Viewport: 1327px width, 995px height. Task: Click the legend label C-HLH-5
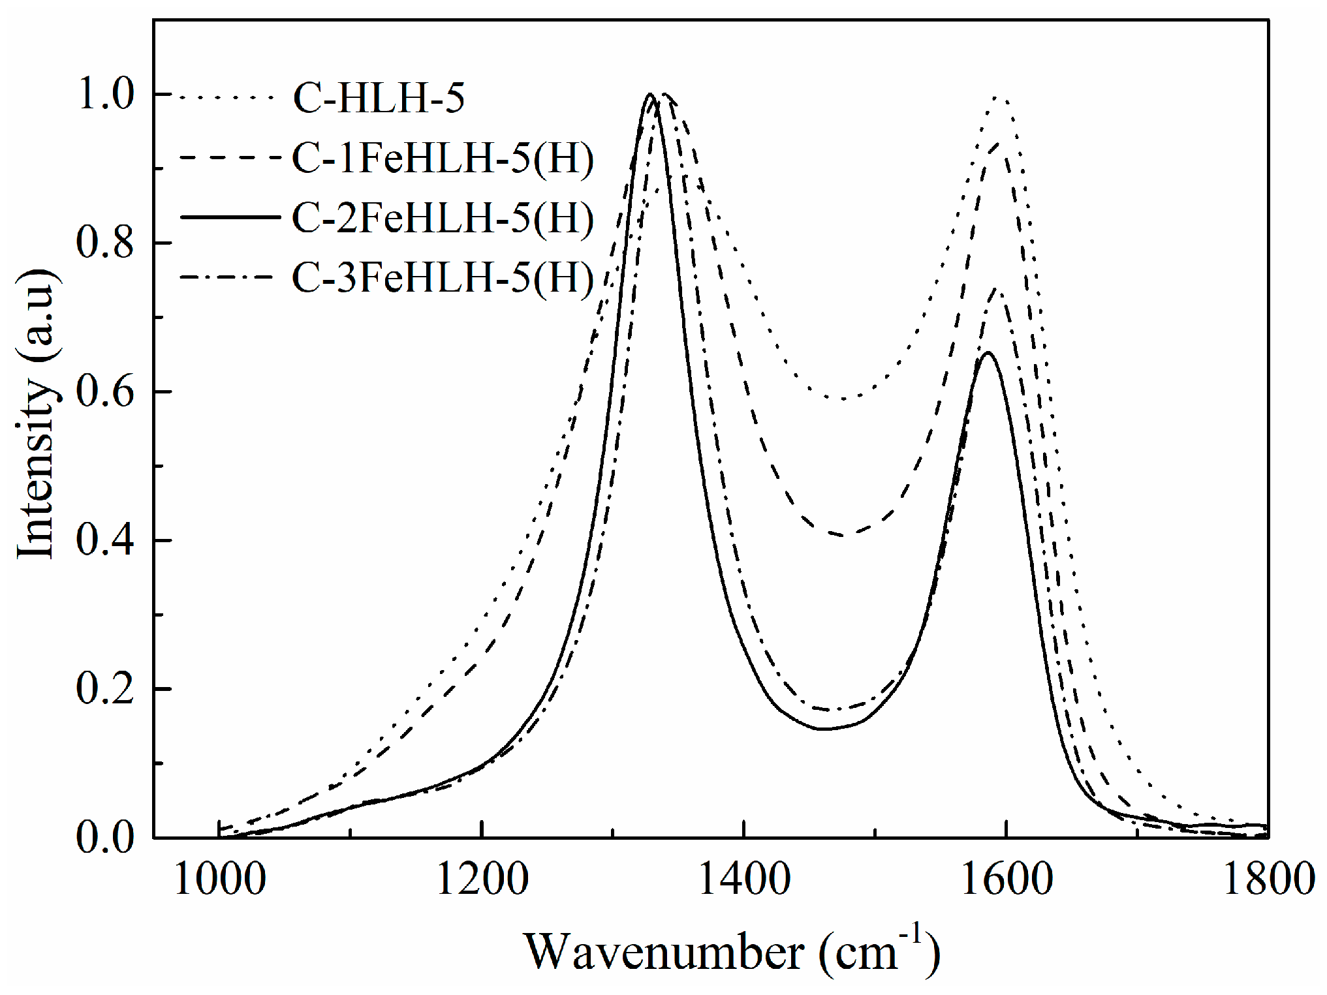tap(379, 99)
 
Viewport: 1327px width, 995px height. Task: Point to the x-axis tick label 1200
tap(482, 878)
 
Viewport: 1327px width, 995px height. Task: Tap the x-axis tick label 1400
tap(744, 878)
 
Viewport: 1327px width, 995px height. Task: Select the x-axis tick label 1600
tap(1007, 878)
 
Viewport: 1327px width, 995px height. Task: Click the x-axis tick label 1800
tap(1268, 878)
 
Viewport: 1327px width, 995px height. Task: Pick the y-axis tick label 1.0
tap(105, 95)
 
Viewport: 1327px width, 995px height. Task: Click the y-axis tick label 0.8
tap(105, 243)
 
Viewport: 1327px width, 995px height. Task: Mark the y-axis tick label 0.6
tap(105, 392)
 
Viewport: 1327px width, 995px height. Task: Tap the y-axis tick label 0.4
tap(105, 541)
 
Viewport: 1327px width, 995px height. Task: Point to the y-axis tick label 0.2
tap(105, 689)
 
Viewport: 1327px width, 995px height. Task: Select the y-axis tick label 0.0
tap(105, 838)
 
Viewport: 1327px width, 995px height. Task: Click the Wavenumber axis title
tap(731, 953)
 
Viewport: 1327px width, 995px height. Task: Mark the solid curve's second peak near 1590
tap(988, 353)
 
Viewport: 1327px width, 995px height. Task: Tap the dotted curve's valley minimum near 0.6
tap(844, 398)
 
